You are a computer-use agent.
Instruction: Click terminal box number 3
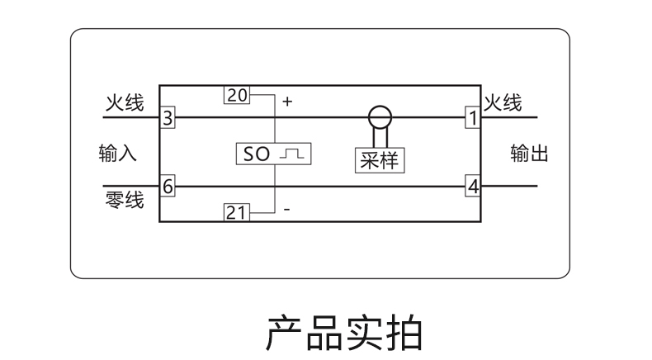168,117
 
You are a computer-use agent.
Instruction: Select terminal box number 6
168,187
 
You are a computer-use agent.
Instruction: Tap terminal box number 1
472,117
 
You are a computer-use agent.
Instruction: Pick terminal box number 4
472,187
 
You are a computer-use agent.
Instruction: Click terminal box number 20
236,95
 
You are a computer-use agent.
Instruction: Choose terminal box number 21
236,212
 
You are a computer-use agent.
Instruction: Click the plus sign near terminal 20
287,102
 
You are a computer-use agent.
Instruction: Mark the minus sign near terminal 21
286,211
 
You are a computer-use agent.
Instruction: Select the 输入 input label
117,154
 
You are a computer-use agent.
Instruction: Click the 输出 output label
529,154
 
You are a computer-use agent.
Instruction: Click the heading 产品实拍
343,332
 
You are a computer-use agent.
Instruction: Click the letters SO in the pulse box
257,154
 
